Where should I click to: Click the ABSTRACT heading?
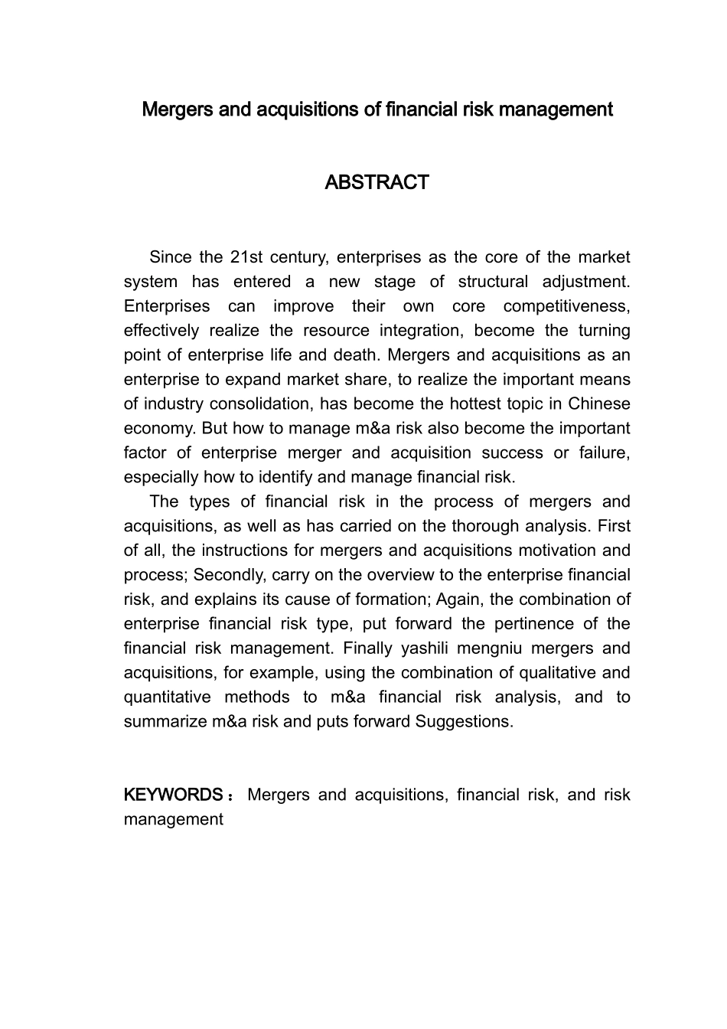[x=377, y=183]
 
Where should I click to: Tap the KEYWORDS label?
[x=173, y=795]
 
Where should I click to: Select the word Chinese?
[x=599, y=404]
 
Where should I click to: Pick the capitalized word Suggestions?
[x=463, y=722]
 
